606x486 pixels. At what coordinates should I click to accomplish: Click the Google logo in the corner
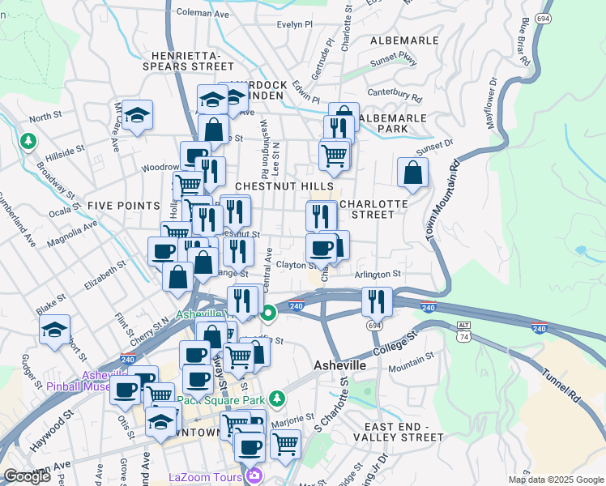26,476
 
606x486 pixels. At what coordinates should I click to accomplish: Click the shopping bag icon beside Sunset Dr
412,173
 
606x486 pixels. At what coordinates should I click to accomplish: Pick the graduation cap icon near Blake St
53,330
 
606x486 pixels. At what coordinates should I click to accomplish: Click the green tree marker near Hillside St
29,142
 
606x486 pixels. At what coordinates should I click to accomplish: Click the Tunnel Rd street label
561,384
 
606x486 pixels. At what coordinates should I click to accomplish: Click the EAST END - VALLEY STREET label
404,432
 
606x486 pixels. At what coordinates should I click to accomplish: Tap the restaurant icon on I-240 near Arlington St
377,301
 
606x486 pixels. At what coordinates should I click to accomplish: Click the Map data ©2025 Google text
556,480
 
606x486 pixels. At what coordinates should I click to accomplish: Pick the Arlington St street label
378,275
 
